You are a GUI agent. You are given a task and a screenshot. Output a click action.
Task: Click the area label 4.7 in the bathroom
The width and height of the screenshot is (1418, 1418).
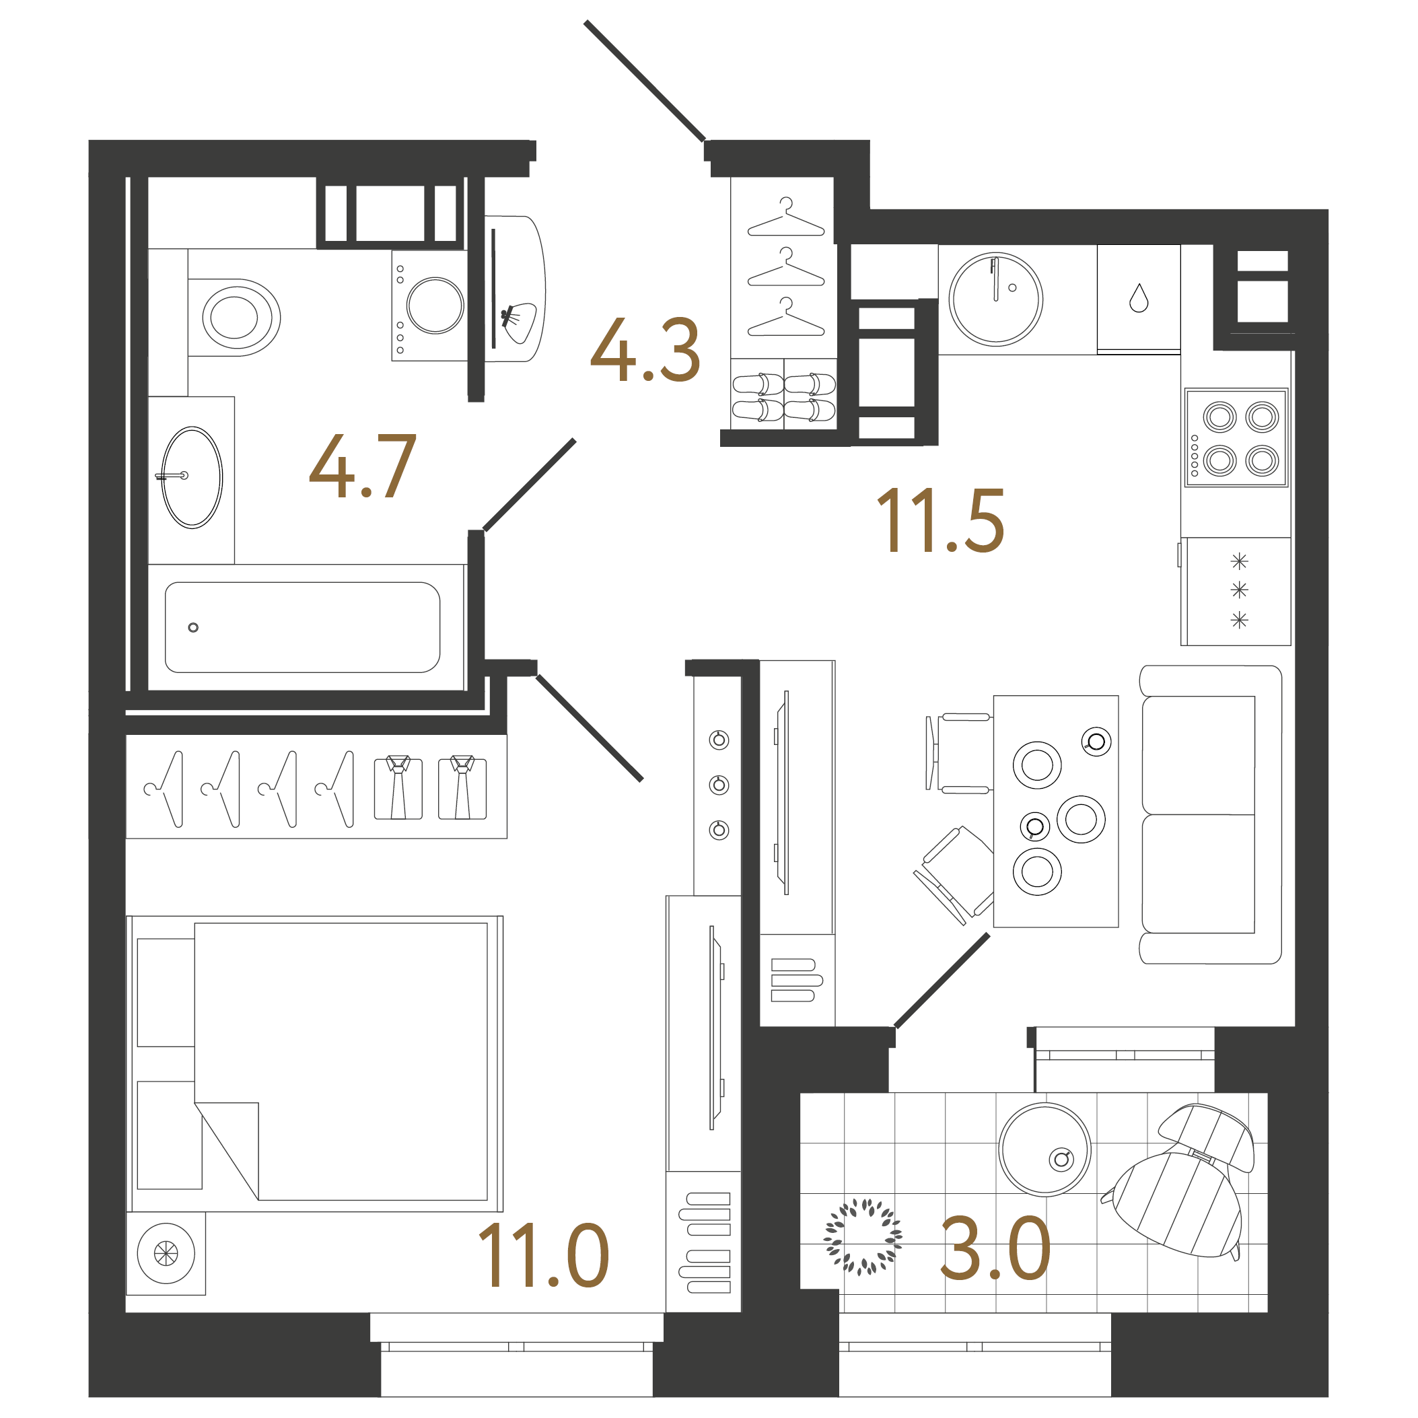pyautogui.click(x=363, y=466)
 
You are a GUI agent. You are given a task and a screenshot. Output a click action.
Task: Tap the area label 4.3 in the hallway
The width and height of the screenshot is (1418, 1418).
pyautogui.click(x=645, y=350)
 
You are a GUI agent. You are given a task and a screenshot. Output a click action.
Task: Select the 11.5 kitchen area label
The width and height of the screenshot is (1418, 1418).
pyautogui.click(x=940, y=520)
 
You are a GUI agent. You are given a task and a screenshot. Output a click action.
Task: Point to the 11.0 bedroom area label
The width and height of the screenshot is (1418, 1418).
pyautogui.click(x=543, y=1256)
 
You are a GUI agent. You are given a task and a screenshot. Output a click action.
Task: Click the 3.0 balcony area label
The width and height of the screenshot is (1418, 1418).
pyautogui.click(x=995, y=1248)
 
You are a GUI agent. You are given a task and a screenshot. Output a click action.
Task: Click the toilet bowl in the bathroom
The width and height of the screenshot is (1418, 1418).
pyautogui.click(x=234, y=318)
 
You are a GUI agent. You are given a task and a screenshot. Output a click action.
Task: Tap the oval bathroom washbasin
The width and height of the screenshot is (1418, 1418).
pyautogui.click(x=192, y=477)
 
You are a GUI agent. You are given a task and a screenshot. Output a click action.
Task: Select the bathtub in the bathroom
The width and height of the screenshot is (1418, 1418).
pyautogui.click(x=302, y=627)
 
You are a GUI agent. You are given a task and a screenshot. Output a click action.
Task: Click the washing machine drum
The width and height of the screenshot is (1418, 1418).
pyautogui.click(x=435, y=306)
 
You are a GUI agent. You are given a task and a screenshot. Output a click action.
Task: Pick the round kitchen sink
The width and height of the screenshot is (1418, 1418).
pyautogui.click(x=996, y=299)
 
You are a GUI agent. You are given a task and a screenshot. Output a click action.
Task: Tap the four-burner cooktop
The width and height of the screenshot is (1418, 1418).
pyautogui.click(x=1236, y=437)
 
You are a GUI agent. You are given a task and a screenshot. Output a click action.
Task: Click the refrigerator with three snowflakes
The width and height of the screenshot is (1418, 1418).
pyautogui.click(x=1238, y=592)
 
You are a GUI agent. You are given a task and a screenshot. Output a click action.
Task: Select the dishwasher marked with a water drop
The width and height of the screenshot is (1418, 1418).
pyautogui.click(x=1138, y=299)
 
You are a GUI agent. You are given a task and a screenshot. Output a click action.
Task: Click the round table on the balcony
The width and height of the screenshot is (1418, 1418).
pyautogui.click(x=1044, y=1149)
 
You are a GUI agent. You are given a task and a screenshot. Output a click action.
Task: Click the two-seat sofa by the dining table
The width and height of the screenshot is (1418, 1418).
pyautogui.click(x=1210, y=815)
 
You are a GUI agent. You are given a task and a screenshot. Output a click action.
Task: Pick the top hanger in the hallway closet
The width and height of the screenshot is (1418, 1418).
pyautogui.click(x=786, y=217)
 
